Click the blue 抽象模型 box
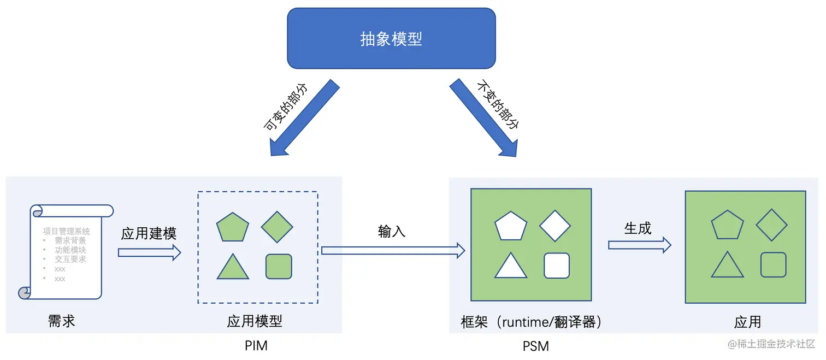(x=391, y=38)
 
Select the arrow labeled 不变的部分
(x=483, y=119)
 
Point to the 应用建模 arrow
(x=149, y=252)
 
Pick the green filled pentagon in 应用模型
(x=233, y=227)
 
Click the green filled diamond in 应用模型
(x=277, y=226)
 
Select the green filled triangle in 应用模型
(x=233, y=268)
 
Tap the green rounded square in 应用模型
(x=279, y=267)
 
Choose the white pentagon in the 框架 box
(x=511, y=225)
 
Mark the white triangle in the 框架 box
(x=511, y=267)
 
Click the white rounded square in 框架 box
(x=557, y=265)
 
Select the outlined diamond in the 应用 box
(x=771, y=225)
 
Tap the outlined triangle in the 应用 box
(x=727, y=265)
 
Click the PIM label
(x=256, y=346)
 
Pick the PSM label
(x=535, y=346)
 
